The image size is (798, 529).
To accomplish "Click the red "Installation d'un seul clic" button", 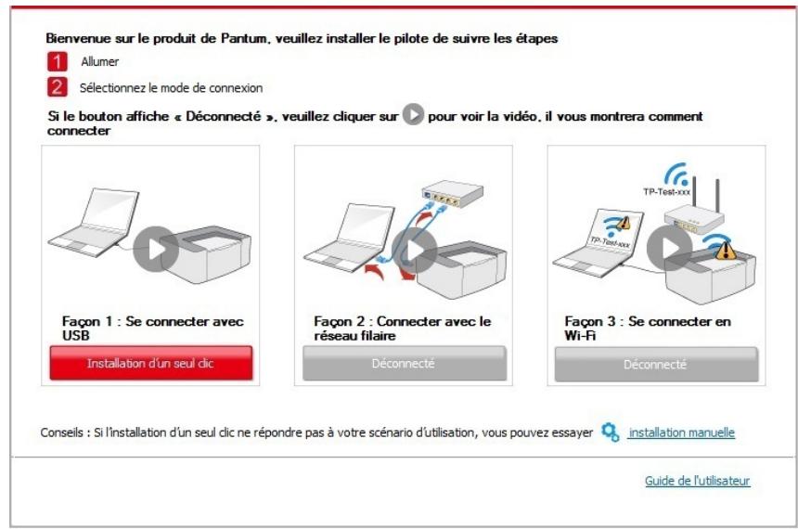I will [150, 363].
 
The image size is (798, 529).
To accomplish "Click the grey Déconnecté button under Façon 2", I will [405, 364].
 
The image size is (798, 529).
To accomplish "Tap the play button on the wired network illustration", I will [413, 248].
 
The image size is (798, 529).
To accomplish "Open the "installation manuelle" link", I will [681, 432].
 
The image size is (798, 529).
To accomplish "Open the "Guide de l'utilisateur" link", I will [697, 481].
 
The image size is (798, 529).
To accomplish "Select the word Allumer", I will [99, 61].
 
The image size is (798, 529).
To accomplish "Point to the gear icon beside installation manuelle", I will [610, 432].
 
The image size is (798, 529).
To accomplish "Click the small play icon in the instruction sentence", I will [414, 118].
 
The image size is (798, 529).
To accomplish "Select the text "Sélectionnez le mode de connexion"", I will [172, 88].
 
